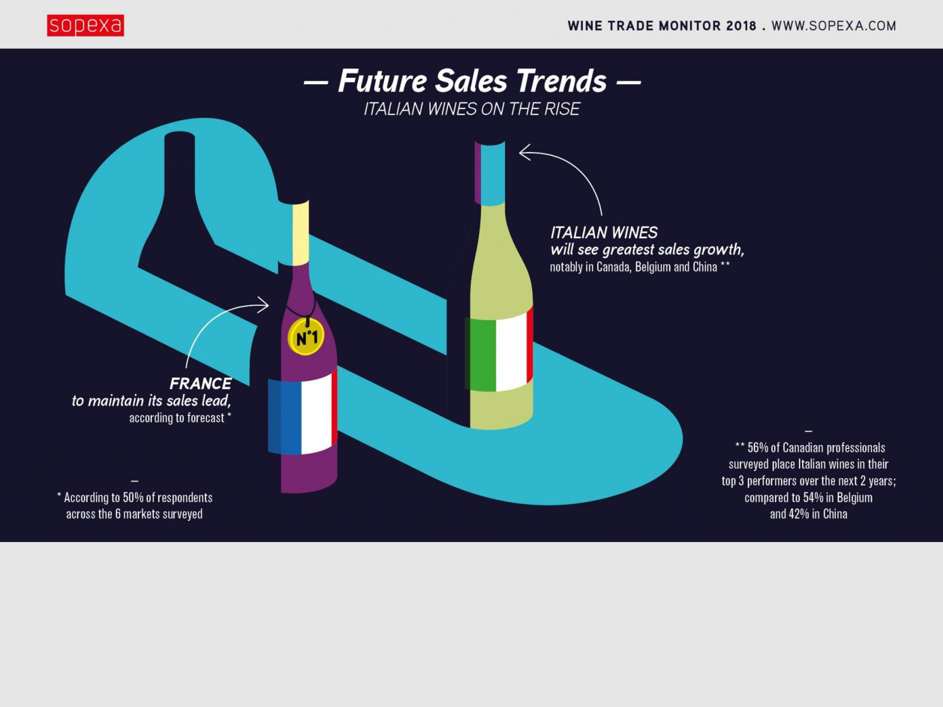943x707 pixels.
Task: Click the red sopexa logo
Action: [85, 25]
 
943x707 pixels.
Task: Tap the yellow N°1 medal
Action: [305, 338]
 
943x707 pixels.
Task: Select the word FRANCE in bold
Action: [200, 384]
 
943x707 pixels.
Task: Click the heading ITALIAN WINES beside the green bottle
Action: [604, 233]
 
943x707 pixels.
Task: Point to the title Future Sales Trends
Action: [472, 81]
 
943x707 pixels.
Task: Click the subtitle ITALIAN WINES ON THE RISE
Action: [471, 109]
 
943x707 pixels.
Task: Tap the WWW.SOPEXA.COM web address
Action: [834, 26]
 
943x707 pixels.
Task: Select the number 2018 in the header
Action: [741, 26]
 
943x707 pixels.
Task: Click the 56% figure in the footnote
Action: [757, 448]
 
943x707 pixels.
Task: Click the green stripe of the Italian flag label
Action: [481, 355]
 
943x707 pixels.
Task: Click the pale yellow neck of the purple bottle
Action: [301, 233]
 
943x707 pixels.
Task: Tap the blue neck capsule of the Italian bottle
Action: [493, 174]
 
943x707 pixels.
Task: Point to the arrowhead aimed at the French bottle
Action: [263, 305]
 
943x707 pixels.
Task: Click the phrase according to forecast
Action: [177, 418]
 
